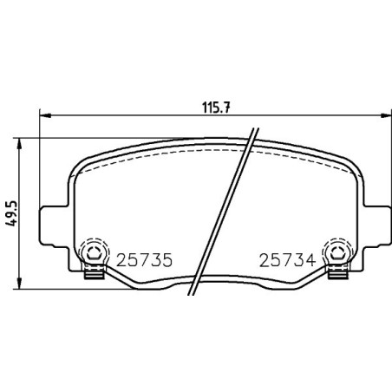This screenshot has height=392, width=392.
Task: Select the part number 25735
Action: [x=140, y=259]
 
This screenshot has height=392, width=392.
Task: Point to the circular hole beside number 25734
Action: [x=333, y=254]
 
